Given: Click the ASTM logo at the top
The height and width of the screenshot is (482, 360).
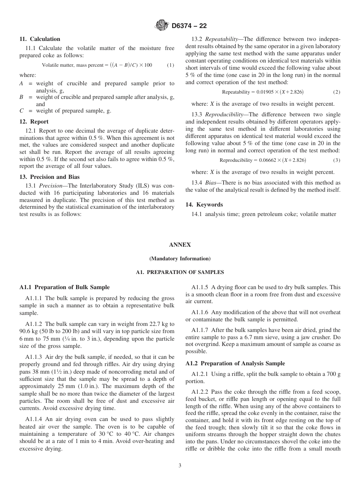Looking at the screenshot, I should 162,26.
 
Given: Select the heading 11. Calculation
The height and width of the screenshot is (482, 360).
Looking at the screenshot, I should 40,39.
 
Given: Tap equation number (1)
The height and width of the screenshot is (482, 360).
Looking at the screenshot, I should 171,65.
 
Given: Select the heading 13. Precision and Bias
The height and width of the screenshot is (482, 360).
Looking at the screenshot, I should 49,177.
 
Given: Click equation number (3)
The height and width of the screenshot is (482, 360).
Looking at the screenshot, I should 337,160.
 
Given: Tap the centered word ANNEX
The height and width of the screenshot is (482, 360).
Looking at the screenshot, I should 180,245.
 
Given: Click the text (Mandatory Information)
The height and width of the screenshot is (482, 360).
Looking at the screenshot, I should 180,259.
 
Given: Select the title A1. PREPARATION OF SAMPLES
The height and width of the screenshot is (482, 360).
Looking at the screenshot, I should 180,272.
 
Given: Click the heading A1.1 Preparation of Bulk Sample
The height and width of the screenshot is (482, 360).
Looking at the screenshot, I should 64,287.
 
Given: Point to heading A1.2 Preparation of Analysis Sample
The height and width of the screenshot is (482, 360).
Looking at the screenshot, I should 235,363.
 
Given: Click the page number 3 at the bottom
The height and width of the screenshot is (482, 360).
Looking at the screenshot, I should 180,466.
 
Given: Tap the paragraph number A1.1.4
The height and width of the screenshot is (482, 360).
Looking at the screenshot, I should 34,419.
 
